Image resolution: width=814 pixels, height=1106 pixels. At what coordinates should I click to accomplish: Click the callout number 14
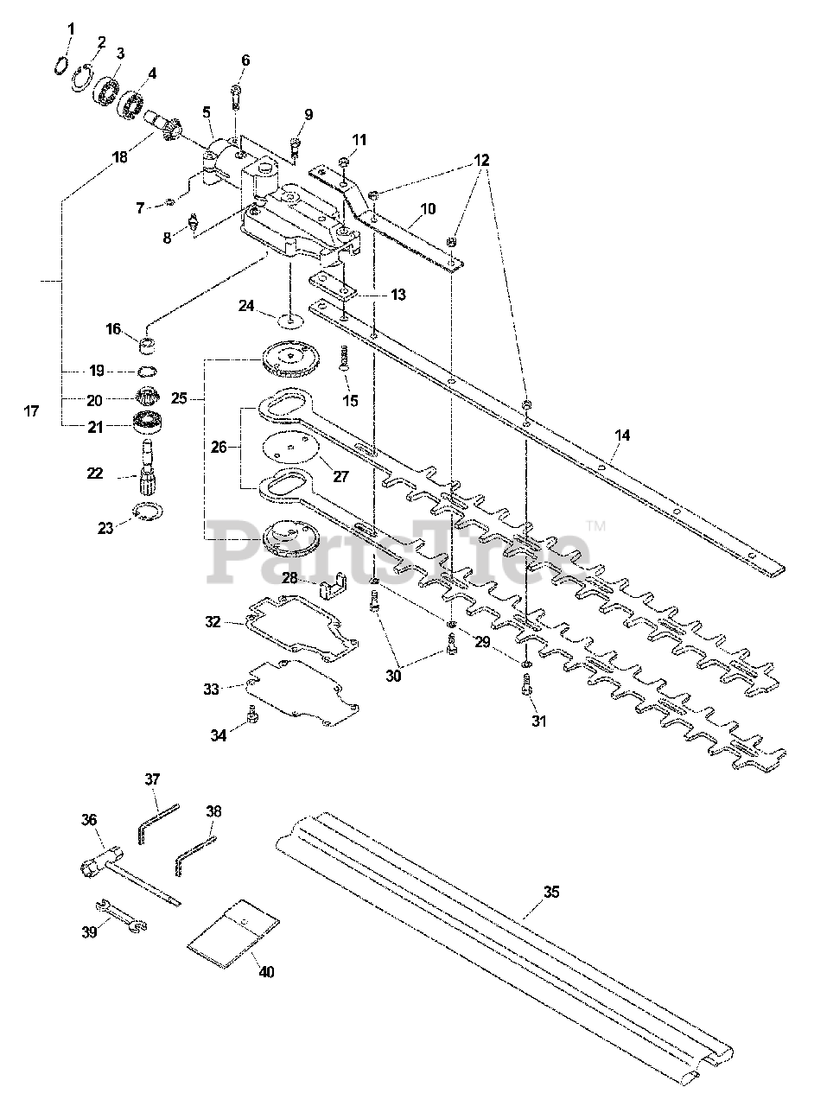[622, 435]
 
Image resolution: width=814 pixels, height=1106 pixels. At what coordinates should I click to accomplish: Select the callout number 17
[31, 410]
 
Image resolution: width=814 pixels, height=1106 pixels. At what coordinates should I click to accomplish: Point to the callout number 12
[481, 160]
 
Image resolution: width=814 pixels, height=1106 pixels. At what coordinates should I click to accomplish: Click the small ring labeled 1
[60, 65]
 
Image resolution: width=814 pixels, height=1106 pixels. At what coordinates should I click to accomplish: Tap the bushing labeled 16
[147, 345]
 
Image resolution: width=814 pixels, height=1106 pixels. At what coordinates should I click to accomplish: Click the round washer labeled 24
[290, 321]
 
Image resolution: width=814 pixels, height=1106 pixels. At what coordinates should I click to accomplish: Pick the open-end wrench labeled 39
[121, 917]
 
